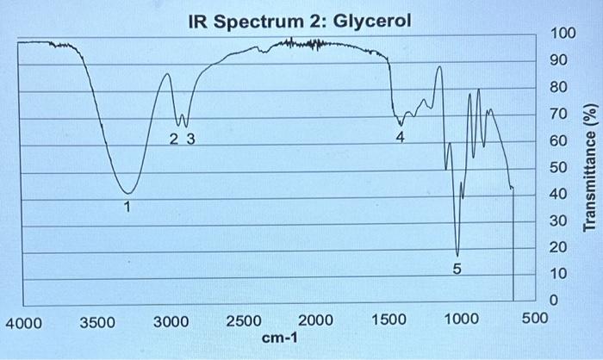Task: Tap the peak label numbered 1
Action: (127, 207)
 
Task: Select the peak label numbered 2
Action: (174, 138)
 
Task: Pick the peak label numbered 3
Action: (190, 138)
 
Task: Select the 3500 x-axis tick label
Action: (97, 322)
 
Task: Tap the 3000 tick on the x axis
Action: (171, 322)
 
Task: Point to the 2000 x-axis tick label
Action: (316, 322)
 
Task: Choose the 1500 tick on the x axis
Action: (389, 322)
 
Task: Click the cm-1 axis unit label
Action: (279, 338)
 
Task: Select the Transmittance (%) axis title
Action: (590, 167)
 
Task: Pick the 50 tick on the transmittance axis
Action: (559, 167)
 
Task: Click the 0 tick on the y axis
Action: (555, 301)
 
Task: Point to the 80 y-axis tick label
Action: (559, 87)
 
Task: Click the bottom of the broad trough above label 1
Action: (127, 193)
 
